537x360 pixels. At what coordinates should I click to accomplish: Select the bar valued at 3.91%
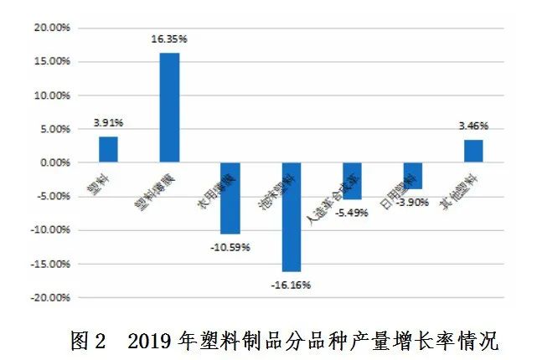[108, 149]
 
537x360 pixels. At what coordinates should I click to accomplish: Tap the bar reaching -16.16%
[291, 217]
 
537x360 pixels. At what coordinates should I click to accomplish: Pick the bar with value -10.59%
[230, 198]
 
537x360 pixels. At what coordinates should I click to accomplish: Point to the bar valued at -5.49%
[352, 181]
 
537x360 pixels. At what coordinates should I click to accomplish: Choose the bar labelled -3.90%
[412, 176]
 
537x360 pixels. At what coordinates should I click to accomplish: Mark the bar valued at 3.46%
[473, 151]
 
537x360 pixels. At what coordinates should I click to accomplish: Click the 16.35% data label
[169, 39]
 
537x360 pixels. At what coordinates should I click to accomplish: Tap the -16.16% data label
[292, 285]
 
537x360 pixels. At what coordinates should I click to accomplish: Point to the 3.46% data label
[473, 126]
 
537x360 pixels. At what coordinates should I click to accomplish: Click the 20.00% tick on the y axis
[51, 28]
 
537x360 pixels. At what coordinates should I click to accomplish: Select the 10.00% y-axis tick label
[51, 95]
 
